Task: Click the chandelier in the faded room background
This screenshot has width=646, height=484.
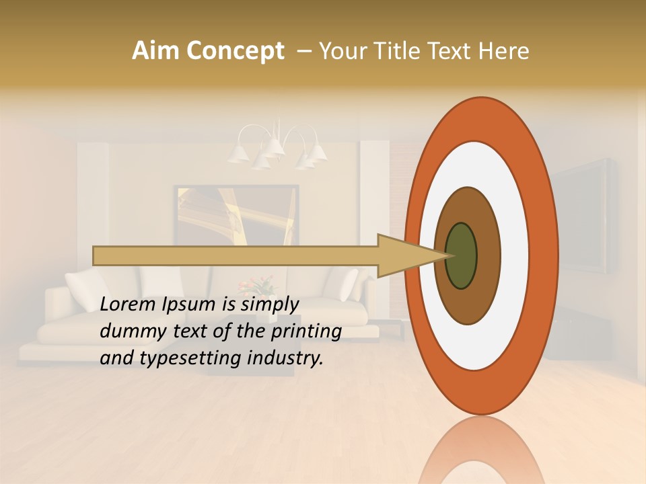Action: (x=277, y=148)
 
